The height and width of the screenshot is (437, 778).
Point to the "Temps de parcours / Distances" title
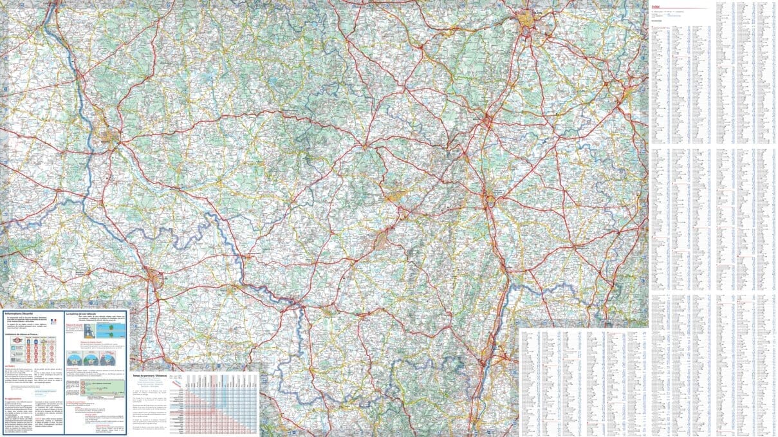click(149, 375)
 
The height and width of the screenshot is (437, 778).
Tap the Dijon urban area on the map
click(530, 23)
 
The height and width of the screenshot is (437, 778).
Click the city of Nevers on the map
click(109, 135)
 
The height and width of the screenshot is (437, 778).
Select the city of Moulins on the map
click(154, 278)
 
